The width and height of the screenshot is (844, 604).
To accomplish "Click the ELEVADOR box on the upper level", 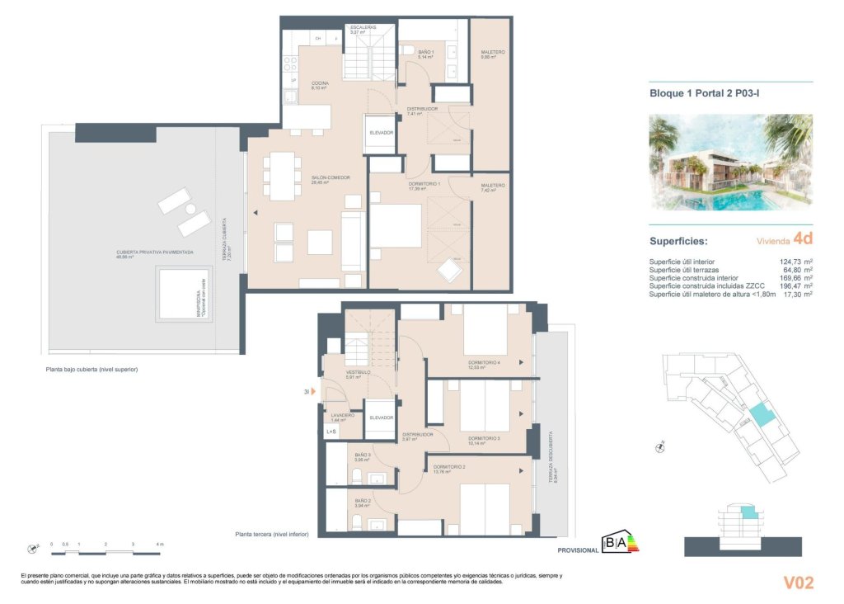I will coord(381,133).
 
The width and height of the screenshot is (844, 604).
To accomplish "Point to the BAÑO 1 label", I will coord(425,53).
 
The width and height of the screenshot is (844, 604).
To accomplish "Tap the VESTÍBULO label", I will coord(358,373).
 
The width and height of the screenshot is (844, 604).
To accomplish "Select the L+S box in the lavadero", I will coord(331,431).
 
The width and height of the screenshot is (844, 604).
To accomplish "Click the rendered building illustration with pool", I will coord(731,162).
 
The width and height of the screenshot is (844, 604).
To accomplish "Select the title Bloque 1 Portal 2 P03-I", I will coord(705,95).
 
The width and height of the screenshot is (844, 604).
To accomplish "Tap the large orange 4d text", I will coord(802,239).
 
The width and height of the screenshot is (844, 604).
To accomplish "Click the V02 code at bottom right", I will coord(798,583).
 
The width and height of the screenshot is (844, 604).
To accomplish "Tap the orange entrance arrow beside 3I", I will coord(312,393).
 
